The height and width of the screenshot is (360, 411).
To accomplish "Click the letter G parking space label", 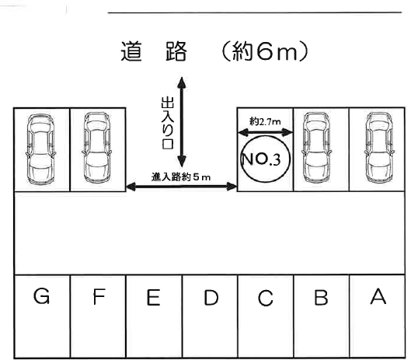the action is [x=42, y=296].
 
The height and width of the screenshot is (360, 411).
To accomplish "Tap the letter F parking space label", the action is [x=99, y=296].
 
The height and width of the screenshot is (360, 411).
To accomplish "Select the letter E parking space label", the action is [x=154, y=297].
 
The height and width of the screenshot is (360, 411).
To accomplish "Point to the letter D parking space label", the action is [x=211, y=298].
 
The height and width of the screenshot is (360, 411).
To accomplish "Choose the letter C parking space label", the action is [x=265, y=298].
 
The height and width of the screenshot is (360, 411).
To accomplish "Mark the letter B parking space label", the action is [x=322, y=297].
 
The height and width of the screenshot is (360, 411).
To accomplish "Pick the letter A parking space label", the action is [x=378, y=296].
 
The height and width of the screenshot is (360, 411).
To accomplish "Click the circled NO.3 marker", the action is [x=265, y=159].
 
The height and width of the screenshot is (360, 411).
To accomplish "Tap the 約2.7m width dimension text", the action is [x=265, y=122].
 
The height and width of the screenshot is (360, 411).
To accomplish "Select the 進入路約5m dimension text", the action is [x=181, y=177].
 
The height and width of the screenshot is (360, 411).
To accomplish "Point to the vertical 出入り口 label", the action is [x=167, y=123].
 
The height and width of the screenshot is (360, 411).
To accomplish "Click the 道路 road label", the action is [x=154, y=51].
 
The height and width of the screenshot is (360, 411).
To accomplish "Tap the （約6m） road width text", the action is [x=265, y=51].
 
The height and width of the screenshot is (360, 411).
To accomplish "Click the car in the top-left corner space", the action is [x=40, y=149].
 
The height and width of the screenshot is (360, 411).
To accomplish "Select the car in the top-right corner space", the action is [x=379, y=148].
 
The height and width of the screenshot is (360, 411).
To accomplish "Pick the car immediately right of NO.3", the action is [x=316, y=148].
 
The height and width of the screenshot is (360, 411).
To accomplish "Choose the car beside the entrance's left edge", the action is [x=97, y=148].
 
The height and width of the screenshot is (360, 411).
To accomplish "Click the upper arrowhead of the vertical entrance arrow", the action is [x=181, y=82].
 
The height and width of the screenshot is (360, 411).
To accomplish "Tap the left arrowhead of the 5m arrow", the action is [x=131, y=187].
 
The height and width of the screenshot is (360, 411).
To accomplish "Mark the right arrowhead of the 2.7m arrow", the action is [x=287, y=132].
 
